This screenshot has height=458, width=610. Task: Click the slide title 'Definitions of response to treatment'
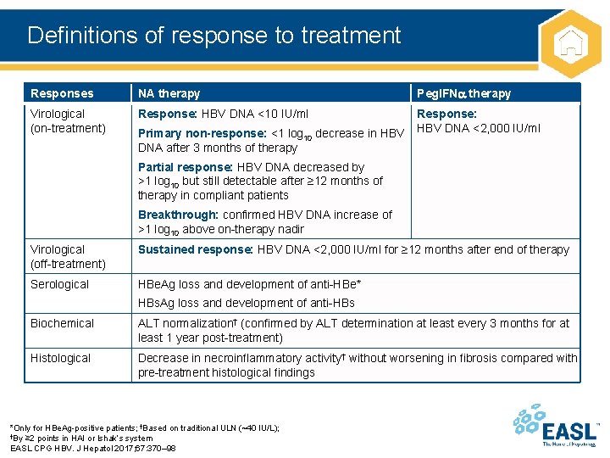pyautogui.click(x=213, y=36)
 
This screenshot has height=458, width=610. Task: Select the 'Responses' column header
pyautogui.click(x=62, y=93)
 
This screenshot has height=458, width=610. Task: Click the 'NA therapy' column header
pyautogui.click(x=169, y=93)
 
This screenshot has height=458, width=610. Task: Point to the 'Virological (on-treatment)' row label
pyautogui.click(x=68, y=120)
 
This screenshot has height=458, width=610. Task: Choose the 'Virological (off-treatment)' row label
pyautogui.click(x=68, y=256)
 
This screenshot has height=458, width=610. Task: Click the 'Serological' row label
pyautogui.click(x=59, y=284)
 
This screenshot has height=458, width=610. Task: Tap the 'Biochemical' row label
pyautogui.click(x=62, y=323)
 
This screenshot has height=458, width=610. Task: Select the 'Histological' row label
pyautogui.click(x=60, y=358)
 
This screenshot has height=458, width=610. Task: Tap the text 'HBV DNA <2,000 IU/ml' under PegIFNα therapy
pyautogui.click(x=479, y=128)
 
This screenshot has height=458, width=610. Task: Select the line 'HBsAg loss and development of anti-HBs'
pyautogui.click(x=246, y=303)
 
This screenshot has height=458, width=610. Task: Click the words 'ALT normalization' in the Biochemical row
pyautogui.click(x=185, y=323)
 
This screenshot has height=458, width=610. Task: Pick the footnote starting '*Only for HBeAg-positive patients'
pyautogui.click(x=144, y=427)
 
